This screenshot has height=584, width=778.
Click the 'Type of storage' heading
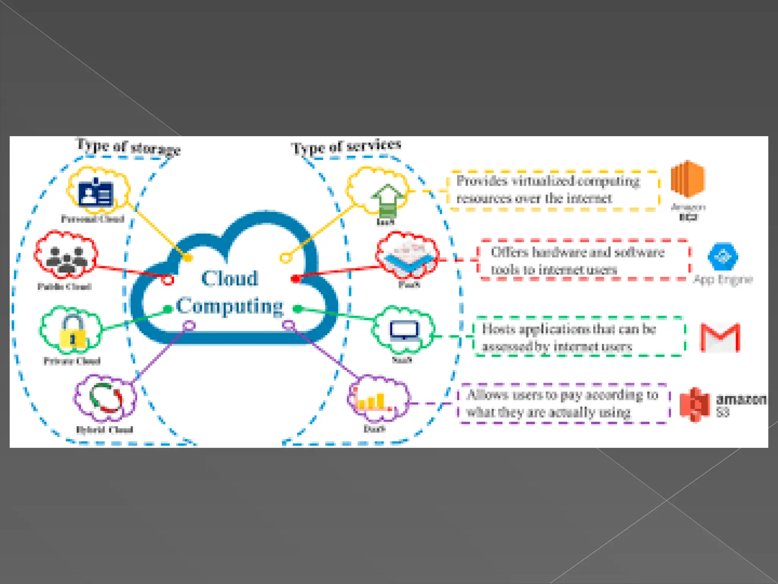[x=128, y=147]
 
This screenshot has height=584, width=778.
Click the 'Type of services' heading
[x=346, y=146]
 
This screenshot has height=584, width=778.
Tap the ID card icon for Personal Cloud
[x=96, y=192]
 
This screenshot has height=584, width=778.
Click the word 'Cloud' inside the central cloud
[x=230, y=278]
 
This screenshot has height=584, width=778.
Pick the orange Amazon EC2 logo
[x=688, y=179]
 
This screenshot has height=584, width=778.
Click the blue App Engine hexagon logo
[x=723, y=257]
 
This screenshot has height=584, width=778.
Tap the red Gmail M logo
[x=720, y=337]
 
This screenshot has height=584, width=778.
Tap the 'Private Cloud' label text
[x=72, y=361]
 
